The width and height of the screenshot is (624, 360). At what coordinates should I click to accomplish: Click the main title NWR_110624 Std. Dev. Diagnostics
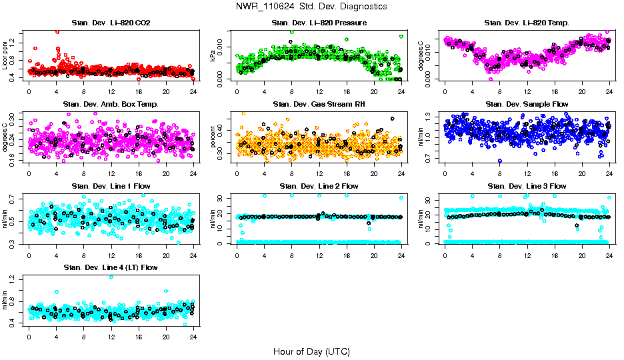311,7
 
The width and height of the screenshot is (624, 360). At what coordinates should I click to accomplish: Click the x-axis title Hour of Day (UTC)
311,351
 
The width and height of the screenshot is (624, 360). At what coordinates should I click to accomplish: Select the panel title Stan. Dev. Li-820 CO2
111,23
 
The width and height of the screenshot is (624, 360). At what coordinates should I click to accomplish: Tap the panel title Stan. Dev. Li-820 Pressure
319,23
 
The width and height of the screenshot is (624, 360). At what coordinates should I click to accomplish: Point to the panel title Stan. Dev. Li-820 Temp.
527,23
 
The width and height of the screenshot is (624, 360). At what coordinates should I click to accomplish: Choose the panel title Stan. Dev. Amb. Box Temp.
111,105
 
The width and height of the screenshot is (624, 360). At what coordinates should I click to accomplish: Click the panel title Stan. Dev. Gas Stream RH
319,105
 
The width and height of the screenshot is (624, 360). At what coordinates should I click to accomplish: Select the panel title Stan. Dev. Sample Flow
527,105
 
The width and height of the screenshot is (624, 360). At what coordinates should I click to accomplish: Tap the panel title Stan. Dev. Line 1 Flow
111,186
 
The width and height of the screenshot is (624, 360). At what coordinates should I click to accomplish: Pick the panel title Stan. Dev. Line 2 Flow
319,186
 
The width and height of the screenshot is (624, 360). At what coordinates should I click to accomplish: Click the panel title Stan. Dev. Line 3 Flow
527,186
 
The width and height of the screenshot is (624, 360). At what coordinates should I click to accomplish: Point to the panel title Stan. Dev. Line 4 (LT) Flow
111,267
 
